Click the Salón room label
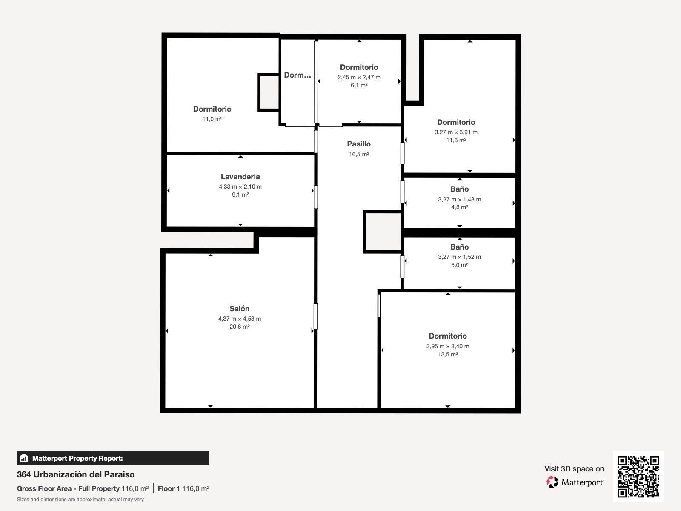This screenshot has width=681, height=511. [x=239, y=308]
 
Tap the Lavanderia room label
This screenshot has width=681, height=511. [x=240, y=177]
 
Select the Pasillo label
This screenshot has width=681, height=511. [x=359, y=144]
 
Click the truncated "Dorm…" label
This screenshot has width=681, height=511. [x=297, y=75]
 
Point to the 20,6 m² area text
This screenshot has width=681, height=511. [x=239, y=326]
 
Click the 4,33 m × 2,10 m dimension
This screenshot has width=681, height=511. [x=240, y=187]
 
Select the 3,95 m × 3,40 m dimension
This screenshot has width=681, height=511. [x=447, y=346]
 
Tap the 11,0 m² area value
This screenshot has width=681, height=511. [x=212, y=119]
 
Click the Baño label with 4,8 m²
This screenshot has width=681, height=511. [x=459, y=189]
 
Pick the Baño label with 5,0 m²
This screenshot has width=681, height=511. [x=459, y=247]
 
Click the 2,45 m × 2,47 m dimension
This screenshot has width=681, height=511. [x=359, y=77]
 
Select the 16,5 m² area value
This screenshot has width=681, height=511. [x=359, y=154]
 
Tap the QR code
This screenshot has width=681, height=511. [x=638, y=477]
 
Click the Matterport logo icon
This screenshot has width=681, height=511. [x=552, y=482]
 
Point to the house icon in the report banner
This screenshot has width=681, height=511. [x=24, y=458]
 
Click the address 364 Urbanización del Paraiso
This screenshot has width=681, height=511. [x=76, y=474]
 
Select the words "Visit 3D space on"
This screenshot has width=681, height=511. [x=574, y=469]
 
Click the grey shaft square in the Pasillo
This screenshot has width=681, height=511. [x=383, y=232]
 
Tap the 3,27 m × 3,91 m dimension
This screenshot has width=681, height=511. [x=456, y=132]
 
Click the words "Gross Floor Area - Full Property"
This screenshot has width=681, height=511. [x=68, y=489]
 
